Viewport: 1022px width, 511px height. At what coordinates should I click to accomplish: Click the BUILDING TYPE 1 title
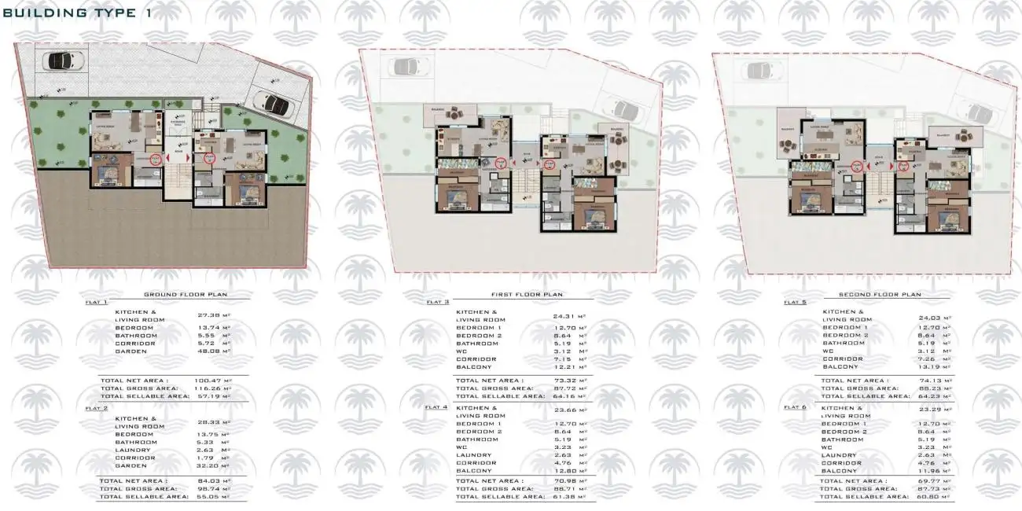(x=76, y=13)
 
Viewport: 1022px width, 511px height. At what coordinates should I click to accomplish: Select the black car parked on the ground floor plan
(x=59, y=60)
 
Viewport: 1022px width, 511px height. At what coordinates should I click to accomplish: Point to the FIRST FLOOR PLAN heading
(x=527, y=295)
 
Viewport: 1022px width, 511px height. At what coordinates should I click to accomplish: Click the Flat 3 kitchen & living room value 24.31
(x=564, y=316)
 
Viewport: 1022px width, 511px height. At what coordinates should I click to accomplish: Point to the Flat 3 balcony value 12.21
(x=564, y=367)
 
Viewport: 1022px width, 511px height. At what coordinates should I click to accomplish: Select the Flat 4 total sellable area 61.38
(x=563, y=497)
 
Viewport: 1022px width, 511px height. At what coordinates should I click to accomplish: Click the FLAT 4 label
(x=437, y=408)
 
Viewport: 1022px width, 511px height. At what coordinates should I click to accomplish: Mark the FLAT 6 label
(x=795, y=407)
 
